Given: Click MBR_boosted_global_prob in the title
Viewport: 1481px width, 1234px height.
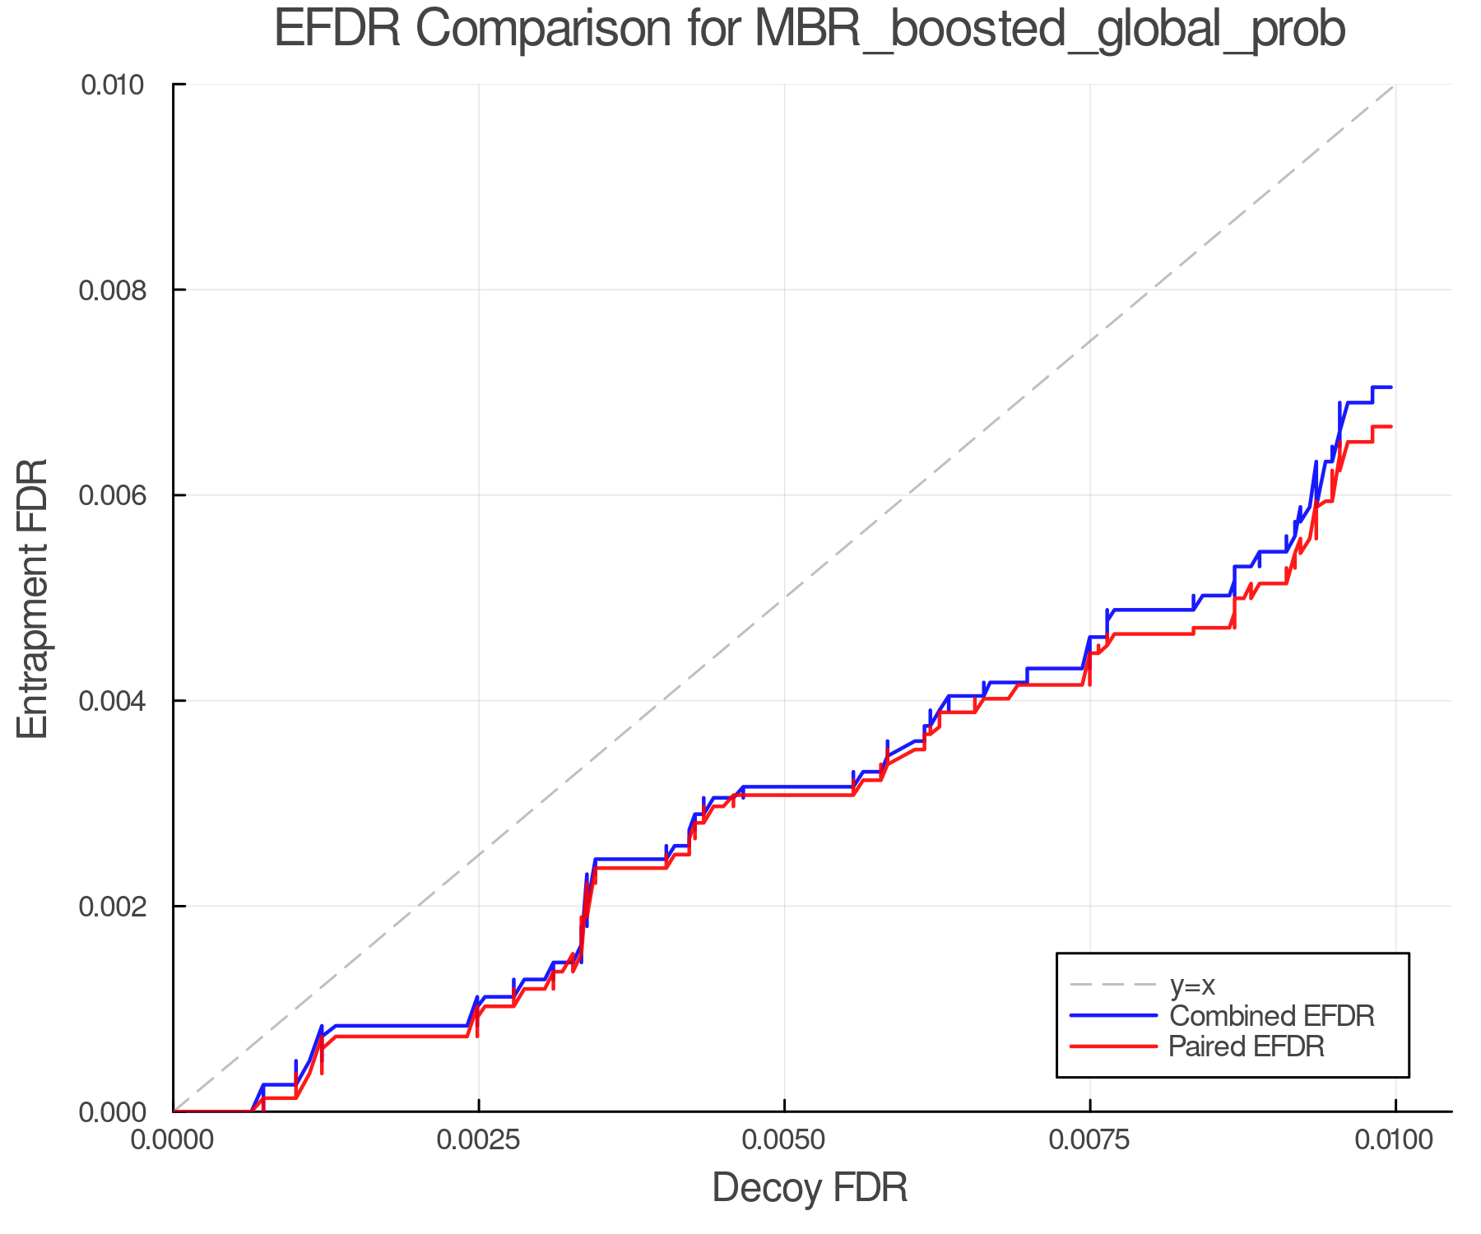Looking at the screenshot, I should [1049, 30].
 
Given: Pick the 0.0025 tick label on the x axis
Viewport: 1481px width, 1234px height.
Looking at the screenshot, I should [479, 1140].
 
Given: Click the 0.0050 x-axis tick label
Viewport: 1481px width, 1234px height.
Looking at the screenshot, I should [784, 1140].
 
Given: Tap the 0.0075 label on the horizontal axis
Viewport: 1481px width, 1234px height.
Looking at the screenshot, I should [1090, 1140].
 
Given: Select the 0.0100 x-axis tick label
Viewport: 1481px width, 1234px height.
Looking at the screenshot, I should [1395, 1140].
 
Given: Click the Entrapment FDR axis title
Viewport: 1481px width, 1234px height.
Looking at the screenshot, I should [33, 599].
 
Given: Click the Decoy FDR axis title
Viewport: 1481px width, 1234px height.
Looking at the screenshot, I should [810, 1188].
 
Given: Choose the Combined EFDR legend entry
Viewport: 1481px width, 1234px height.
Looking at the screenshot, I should [1272, 1016].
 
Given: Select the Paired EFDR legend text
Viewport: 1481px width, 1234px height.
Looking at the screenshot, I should [1247, 1046].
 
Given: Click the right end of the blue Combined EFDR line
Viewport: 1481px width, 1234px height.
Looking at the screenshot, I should [1390, 387].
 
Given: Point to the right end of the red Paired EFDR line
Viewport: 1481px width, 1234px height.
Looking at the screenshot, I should [1390, 426].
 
